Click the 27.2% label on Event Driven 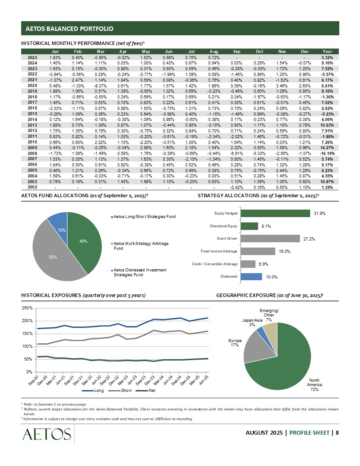(x=308, y=239)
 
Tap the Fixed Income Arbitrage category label (x=219, y=251)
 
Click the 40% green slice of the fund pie (x=83, y=241)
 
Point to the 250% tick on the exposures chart (x=28, y=308)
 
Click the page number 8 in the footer (x=337, y=432)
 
